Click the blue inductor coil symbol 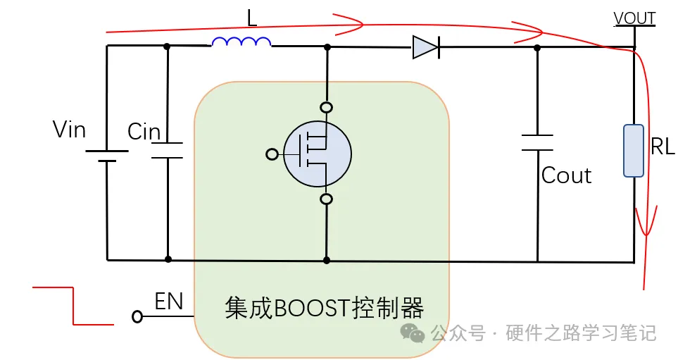pyautogui.click(x=241, y=43)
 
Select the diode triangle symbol pyautogui.click(x=425, y=47)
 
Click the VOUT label pyautogui.click(x=634, y=18)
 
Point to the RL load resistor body pyautogui.click(x=634, y=150)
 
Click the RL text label pyautogui.click(x=663, y=147)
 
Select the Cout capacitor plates pyautogui.click(x=537, y=142)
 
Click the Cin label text pyautogui.click(x=144, y=132)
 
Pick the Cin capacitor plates pyautogui.click(x=168, y=149)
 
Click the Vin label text pyautogui.click(x=69, y=130)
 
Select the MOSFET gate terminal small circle pyautogui.click(x=272, y=154)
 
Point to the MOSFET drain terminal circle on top pyautogui.click(x=326, y=108)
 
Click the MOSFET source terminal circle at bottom pyautogui.click(x=326, y=199)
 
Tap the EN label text pyautogui.click(x=169, y=302)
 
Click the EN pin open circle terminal pyautogui.click(x=137, y=317)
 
